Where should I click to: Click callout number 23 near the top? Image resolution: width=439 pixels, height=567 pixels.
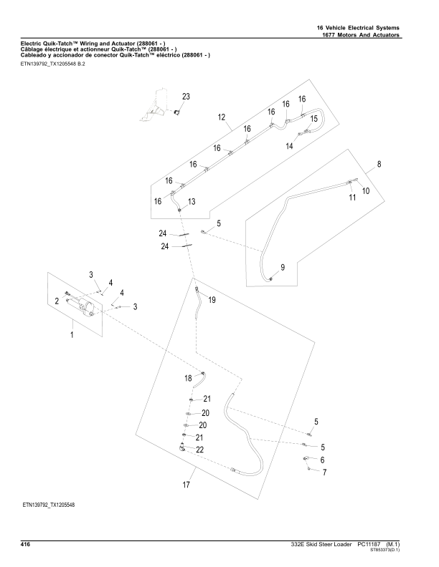coord(186,96)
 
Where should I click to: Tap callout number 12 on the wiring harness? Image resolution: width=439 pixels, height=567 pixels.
coord(222,117)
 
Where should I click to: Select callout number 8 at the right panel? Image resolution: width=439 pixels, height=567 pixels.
coord(379,164)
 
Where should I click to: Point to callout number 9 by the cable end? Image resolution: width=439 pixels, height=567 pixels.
coord(283,267)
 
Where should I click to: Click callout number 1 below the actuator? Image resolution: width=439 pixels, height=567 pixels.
coord(72,334)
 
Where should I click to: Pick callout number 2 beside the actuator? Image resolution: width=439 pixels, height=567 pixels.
coord(57,301)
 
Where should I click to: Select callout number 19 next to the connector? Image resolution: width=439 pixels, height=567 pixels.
coord(212,300)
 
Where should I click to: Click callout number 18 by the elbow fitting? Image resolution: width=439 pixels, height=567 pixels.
coord(188,377)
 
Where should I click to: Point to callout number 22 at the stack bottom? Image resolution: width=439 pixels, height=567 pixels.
coord(200,450)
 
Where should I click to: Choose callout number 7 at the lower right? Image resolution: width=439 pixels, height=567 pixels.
coord(324,472)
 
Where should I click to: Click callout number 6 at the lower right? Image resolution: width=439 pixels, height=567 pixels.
coord(323,460)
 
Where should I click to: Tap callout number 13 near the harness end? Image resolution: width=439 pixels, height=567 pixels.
coord(192,203)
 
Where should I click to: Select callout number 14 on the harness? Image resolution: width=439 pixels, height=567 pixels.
coord(290,146)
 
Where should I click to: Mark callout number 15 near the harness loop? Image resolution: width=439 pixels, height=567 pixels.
coord(313,119)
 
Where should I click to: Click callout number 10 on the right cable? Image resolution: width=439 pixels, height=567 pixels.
coord(366,191)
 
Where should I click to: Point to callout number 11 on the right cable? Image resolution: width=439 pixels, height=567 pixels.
coord(352,198)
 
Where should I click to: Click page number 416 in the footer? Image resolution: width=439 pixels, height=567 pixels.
coord(25,545)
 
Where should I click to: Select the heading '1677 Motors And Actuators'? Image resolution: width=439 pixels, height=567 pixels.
coord(362,36)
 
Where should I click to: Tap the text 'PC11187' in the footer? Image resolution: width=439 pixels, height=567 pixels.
coord(369,545)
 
